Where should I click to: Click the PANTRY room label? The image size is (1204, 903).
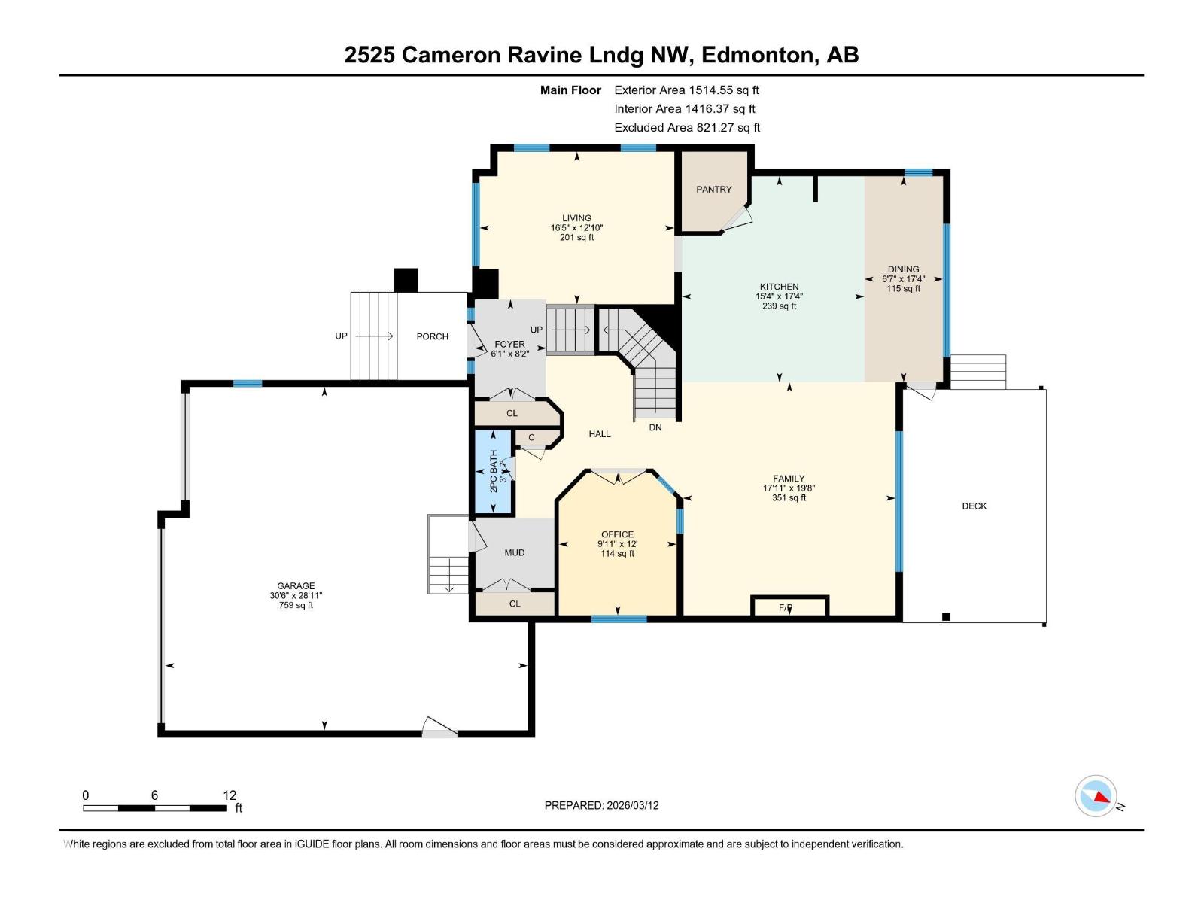click(x=713, y=190)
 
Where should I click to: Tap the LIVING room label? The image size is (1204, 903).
click(x=576, y=218)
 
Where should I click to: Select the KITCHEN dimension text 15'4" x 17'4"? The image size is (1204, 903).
click(x=779, y=296)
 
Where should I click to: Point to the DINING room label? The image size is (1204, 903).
click(x=903, y=269)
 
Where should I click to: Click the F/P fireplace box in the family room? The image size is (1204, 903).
click(x=789, y=607)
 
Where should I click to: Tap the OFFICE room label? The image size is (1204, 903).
click(x=617, y=534)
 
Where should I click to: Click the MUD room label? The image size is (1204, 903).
click(x=515, y=552)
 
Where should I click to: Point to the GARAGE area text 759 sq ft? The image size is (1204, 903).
click(x=296, y=605)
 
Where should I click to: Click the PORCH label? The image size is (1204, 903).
click(x=433, y=336)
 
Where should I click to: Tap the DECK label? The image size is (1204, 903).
click(x=974, y=506)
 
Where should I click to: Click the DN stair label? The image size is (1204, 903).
click(x=655, y=427)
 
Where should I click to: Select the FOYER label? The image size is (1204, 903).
click(x=509, y=344)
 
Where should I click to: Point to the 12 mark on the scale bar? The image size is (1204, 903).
click(x=230, y=795)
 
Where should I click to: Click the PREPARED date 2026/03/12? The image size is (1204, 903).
click(x=631, y=805)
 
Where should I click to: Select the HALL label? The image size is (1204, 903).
click(x=600, y=434)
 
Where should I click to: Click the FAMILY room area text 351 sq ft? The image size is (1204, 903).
click(x=789, y=497)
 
